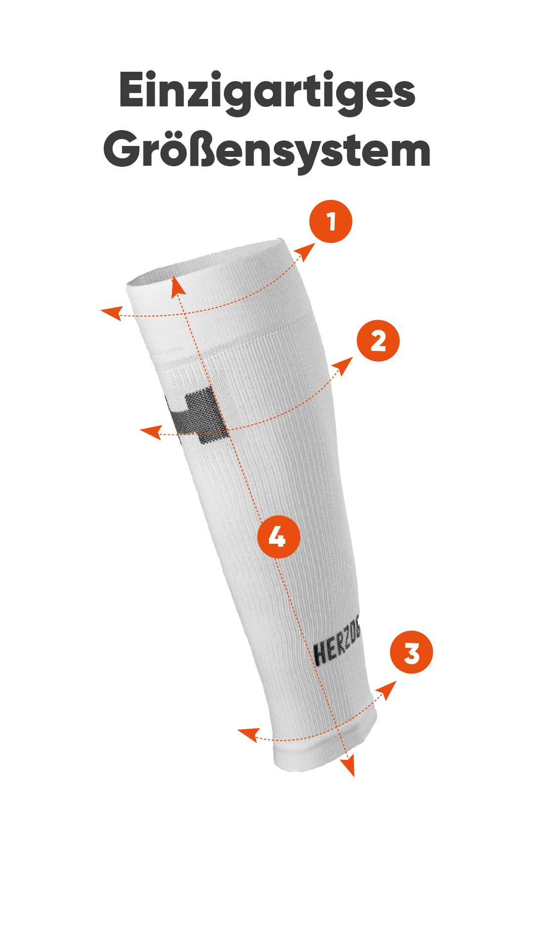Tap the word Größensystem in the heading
267,150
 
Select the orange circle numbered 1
331,221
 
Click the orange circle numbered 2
378,341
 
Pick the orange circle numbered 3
411,652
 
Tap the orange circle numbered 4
279,537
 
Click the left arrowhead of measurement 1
111,313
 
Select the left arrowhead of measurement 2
151,432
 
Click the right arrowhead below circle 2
343,366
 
